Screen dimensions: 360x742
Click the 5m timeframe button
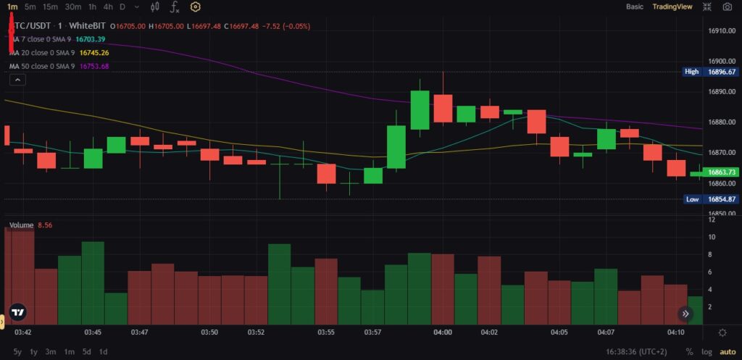click(30, 7)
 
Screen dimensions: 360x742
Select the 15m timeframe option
click(50, 7)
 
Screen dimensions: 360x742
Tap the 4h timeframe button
click(108, 7)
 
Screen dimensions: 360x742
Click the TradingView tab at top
click(672, 7)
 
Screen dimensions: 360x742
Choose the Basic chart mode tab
click(634, 7)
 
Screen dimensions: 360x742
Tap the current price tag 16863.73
click(722, 172)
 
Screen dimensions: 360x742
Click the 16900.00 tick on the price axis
click(722, 62)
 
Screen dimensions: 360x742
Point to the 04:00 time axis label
click(443, 332)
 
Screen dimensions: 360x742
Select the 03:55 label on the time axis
click(326, 332)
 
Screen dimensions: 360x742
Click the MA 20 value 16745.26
click(94, 53)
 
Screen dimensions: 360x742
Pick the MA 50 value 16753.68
click(94, 66)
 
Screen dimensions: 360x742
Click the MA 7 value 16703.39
click(91, 39)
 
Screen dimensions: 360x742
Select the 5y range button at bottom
click(17, 352)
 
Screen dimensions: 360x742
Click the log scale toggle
click(706, 352)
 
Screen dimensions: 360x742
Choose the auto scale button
click(727, 352)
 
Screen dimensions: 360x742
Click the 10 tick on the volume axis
click(712, 237)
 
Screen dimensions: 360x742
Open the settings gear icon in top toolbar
click(195, 7)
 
